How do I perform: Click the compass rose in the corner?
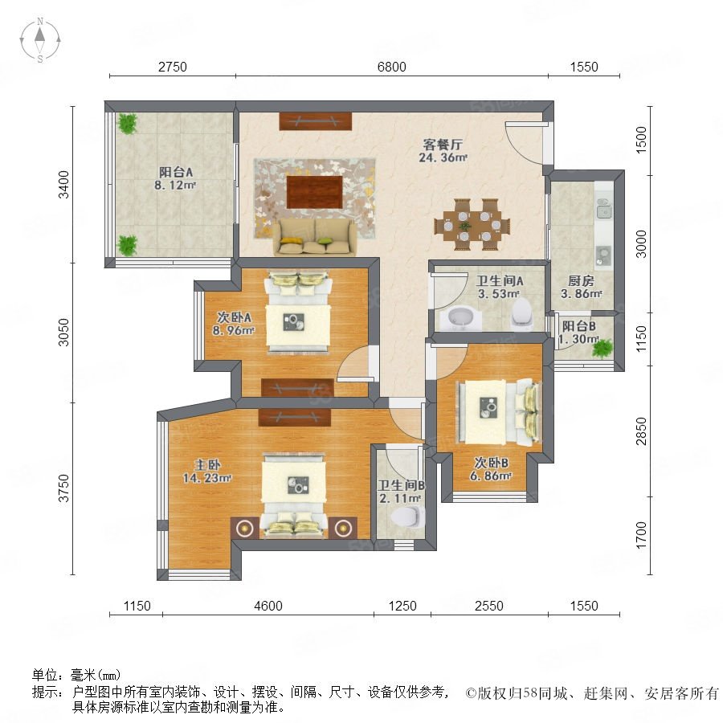pyautogui.click(x=40, y=40)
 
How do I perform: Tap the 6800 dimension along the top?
pyautogui.click(x=391, y=67)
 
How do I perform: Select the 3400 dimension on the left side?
pyautogui.click(x=63, y=185)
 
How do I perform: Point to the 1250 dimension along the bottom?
pyautogui.click(x=402, y=606)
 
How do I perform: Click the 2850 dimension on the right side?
pyautogui.click(x=641, y=431)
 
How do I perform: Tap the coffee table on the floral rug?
pyautogui.click(x=314, y=192)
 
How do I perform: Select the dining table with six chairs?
pyautogui.click(x=472, y=225)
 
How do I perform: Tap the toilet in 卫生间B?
pyautogui.click(x=407, y=517)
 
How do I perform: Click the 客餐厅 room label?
pyautogui.click(x=443, y=145)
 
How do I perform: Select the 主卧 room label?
pyautogui.click(x=207, y=465)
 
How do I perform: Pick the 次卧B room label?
pyautogui.click(x=491, y=463)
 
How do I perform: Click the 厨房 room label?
pyautogui.click(x=581, y=280)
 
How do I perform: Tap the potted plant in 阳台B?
pyautogui.click(x=602, y=348)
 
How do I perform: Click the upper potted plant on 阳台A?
pyautogui.click(x=127, y=123)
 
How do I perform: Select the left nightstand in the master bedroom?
pyautogui.click(x=244, y=528)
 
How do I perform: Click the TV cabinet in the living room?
pyautogui.click(x=316, y=120)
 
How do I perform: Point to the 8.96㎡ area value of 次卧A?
pyautogui.click(x=233, y=330)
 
